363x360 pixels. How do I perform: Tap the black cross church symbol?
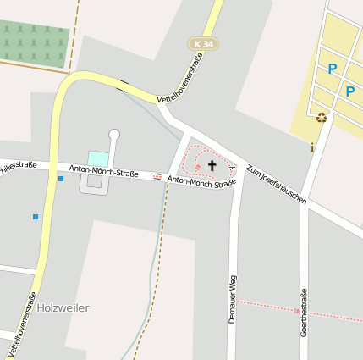pos(212,165)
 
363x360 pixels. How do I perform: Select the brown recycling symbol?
pos(322,118)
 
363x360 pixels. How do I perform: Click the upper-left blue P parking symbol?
pos(333,69)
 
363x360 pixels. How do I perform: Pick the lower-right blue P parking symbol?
pos(350,91)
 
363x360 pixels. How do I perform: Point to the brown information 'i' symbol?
pos(312,147)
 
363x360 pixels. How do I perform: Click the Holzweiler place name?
pos(63,307)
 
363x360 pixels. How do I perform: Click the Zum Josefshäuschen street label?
pos(275,184)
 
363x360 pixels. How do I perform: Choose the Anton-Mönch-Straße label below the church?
pos(201,181)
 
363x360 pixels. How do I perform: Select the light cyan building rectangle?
pos(98,158)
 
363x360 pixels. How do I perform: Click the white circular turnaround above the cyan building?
pos(114,134)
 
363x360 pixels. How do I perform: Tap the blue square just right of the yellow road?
pos(61,179)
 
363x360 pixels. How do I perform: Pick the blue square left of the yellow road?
pos(35,217)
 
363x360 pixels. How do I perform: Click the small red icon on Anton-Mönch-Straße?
pos(157,176)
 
